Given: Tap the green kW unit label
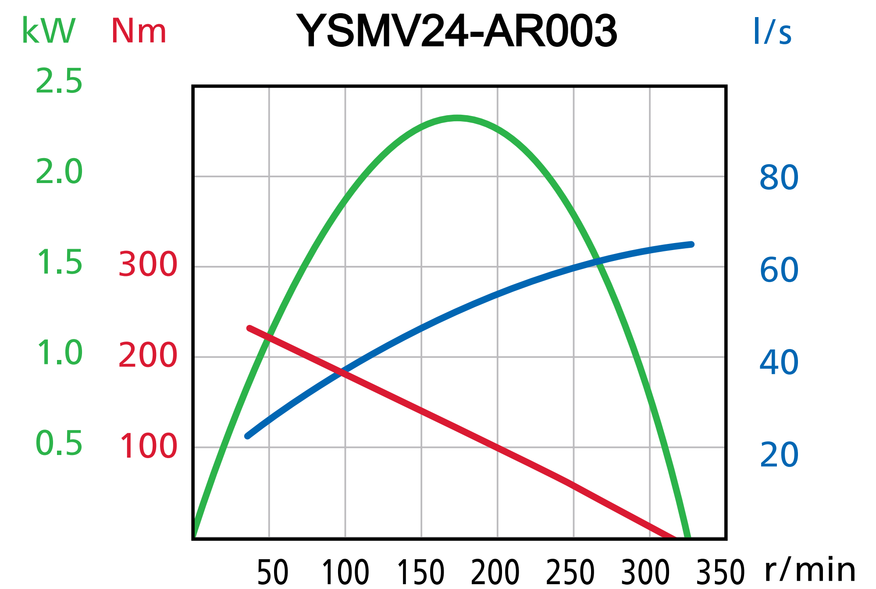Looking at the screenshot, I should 49,31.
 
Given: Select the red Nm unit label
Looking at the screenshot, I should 139,31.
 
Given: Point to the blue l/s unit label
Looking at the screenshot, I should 772,32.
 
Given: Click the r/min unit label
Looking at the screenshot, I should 810,570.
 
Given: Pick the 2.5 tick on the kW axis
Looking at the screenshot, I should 59,81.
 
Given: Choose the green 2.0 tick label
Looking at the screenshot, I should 59,172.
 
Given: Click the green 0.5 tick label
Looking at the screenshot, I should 59,443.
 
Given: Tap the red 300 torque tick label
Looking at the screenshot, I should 148,265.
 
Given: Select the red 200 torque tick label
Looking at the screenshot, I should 148,355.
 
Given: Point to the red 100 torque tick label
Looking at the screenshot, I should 148,446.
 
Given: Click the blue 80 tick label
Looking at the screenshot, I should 779,178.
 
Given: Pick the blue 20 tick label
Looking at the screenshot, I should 779,455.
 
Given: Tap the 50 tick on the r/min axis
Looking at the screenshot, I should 272,572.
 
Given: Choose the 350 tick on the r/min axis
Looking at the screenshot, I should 720,572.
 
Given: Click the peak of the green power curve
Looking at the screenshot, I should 457,118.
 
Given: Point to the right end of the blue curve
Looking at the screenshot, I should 691,244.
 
